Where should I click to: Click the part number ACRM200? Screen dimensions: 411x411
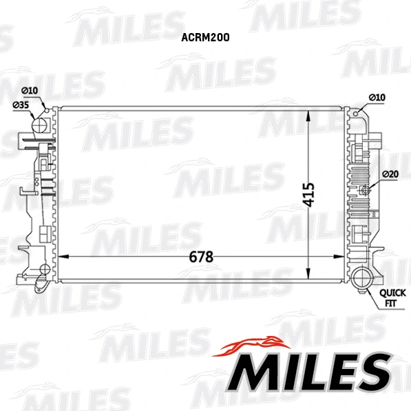tap(205, 39)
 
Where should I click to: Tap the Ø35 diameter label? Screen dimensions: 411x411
tap(21, 105)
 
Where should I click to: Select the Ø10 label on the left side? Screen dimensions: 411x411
tap(29, 91)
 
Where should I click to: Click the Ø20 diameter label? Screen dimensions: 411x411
tap(390, 173)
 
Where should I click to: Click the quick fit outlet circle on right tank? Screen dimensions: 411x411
tap(362, 280)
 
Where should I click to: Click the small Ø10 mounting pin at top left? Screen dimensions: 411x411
tap(44, 107)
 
